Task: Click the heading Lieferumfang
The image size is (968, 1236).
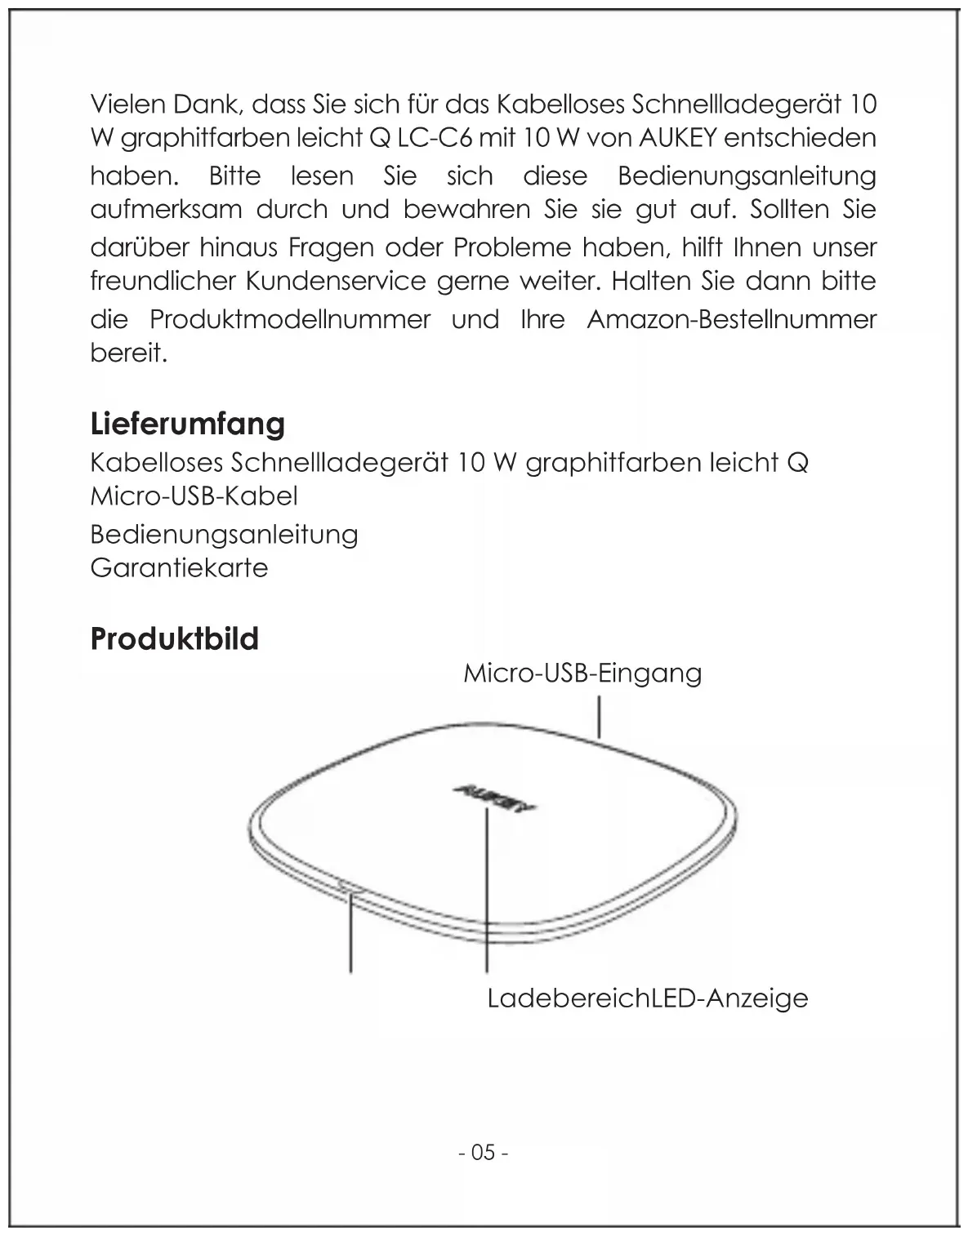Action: [x=188, y=424]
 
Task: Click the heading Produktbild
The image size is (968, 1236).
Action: [x=174, y=638]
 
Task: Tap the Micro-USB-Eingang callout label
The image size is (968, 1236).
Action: [x=582, y=674]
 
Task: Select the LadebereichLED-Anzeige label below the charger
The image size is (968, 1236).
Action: [x=647, y=998]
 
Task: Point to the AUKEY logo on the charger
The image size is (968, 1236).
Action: [x=493, y=798]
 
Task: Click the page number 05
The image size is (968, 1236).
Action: [x=484, y=1152]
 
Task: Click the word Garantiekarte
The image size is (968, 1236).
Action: [x=179, y=567]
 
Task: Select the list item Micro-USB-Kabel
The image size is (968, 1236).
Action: [x=194, y=496]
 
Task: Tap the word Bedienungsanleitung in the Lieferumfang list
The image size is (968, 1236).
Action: [x=224, y=534]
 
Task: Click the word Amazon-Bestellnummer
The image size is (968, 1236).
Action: [x=731, y=318]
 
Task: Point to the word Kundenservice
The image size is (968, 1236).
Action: [x=336, y=281]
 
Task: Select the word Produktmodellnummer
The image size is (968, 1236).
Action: [x=290, y=318]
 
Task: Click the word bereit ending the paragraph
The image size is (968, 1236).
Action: [x=128, y=353]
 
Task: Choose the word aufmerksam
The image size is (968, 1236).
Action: [x=166, y=210]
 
